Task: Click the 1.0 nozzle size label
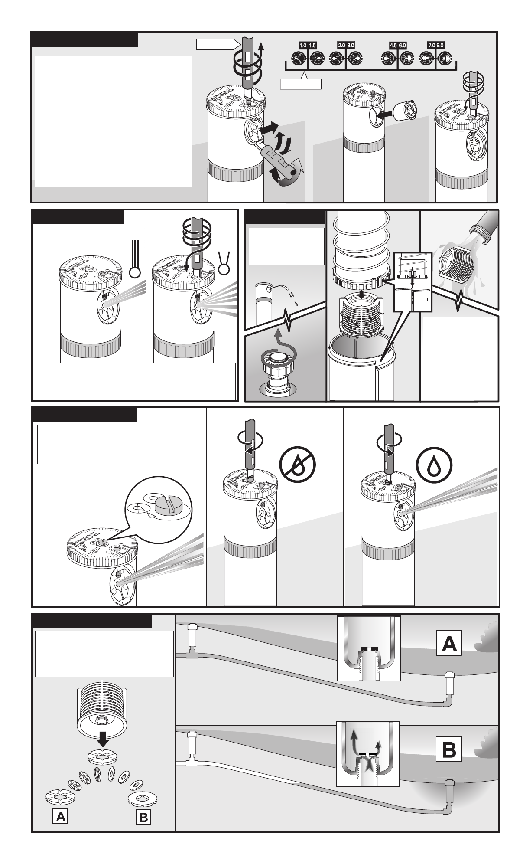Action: [302, 45]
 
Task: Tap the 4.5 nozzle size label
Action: [393, 45]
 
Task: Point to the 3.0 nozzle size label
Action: [350, 45]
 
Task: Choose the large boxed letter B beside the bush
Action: [449, 750]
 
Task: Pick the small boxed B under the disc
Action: [143, 818]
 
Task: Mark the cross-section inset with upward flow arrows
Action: [368, 754]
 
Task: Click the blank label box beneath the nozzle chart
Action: [301, 84]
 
